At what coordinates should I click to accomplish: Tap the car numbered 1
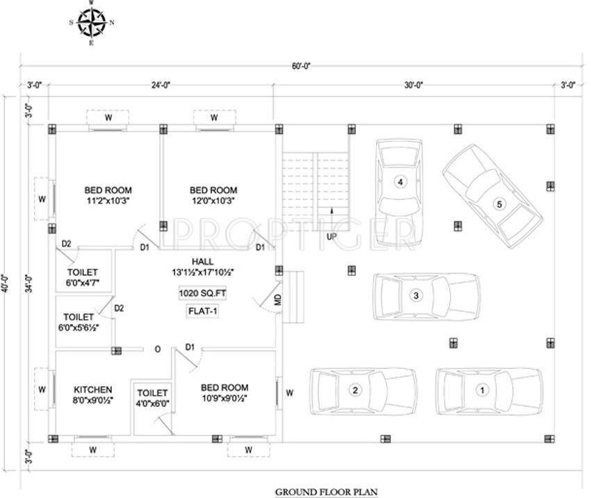(x=489, y=390)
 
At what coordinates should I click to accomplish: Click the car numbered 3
(x=425, y=295)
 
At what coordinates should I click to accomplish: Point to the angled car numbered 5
(x=492, y=199)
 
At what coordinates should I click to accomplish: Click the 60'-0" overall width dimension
(x=301, y=66)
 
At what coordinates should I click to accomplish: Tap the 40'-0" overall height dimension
(x=7, y=283)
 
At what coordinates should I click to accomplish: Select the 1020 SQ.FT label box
(x=202, y=294)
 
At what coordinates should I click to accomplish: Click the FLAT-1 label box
(x=202, y=311)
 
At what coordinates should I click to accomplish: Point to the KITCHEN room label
(x=93, y=390)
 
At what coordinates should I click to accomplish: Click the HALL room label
(x=203, y=261)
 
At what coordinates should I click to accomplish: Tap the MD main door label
(x=277, y=301)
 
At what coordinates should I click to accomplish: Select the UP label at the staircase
(x=332, y=237)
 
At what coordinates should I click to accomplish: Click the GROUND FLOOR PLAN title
(x=326, y=492)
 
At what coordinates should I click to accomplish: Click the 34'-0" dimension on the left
(x=29, y=284)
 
